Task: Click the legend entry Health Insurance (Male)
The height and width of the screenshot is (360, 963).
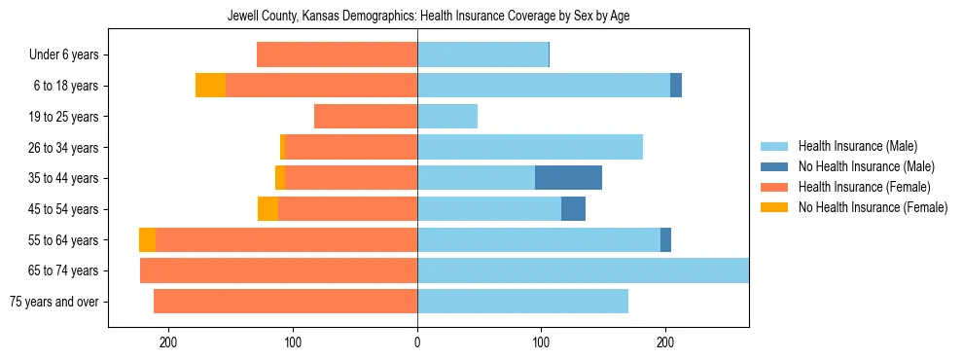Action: click(857, 146)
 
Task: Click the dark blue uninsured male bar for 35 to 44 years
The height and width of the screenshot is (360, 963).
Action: click(568, 178)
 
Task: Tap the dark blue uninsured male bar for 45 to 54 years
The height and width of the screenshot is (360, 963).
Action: click(573, 209)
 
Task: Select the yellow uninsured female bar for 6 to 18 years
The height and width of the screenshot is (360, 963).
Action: click(210, 86)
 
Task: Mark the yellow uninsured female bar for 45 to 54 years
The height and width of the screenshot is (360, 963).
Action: click(267, 209)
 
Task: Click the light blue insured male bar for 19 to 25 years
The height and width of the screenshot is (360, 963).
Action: click(447, 117)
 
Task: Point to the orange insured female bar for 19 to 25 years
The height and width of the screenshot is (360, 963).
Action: click(366, 117)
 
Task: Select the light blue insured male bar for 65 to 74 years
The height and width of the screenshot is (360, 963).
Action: click(583, 270)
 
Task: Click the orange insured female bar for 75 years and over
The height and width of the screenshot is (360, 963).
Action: click(285, 302)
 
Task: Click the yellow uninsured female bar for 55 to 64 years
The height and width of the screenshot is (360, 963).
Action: click(147, 239)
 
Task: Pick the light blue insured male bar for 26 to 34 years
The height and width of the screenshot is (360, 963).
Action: click(530, 147)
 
